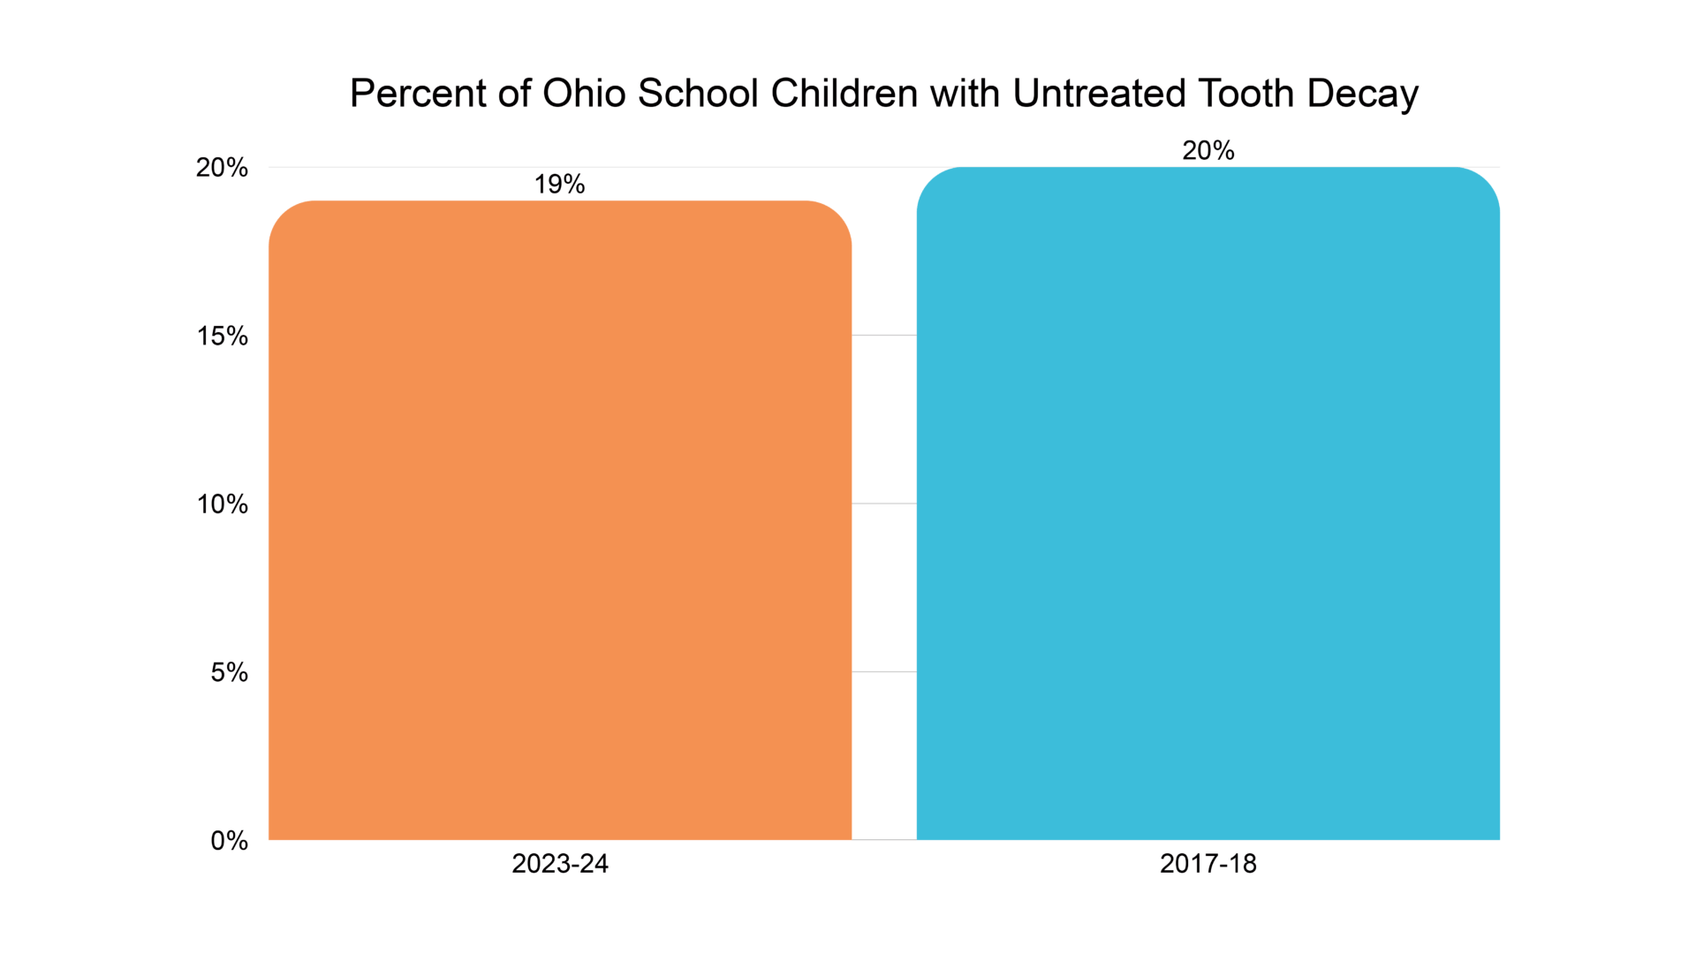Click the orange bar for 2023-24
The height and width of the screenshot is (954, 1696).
click(560, 521)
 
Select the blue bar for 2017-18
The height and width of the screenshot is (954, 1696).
click(1208, 503)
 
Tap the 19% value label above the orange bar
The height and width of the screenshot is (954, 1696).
click(559, 184)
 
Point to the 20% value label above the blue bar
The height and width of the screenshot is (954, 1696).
click(1208, 150)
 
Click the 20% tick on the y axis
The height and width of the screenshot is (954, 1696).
click(222, 167)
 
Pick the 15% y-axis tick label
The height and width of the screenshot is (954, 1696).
click(223, 336)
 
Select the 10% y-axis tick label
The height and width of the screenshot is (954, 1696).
click(223, 504)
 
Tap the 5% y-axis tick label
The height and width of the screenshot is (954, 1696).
click(229, 672)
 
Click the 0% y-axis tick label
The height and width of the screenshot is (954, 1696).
click(229, 841)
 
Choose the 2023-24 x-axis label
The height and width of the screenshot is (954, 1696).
click(560, 864)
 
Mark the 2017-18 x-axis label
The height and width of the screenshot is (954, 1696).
click(1208, 864)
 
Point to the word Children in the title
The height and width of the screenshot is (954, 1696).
click(844, 94)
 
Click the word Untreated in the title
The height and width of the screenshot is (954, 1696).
click(1099, 94)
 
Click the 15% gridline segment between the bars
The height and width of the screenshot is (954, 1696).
click(884, 336)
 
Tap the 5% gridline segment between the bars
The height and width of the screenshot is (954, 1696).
click(884, 672)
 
